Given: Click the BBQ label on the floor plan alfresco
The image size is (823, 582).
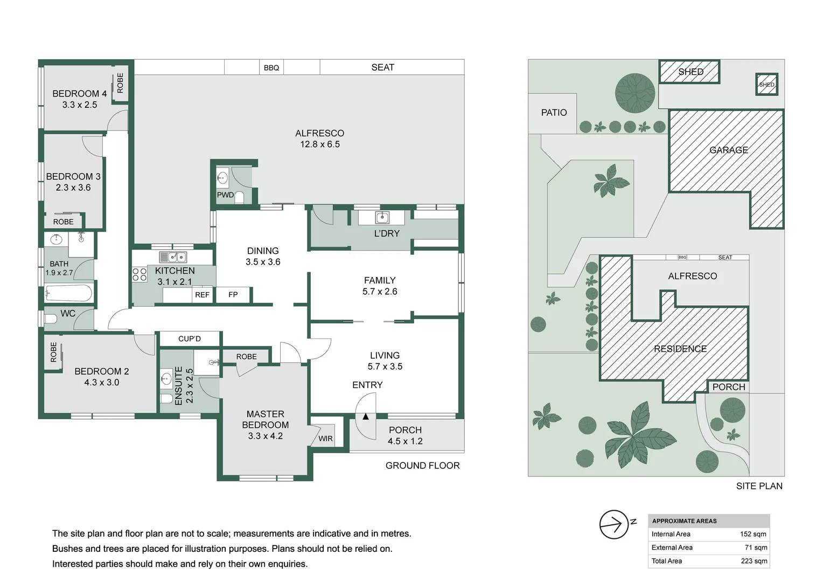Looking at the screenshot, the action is coord(271,68).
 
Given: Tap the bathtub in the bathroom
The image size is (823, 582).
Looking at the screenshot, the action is coord(68,294).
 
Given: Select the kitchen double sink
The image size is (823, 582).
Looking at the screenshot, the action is coord(173,257).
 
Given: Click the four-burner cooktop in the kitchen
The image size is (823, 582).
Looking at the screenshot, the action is coord(140,274).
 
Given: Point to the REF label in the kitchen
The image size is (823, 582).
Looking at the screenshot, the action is coord(202,295).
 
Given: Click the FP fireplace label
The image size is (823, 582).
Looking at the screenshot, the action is coord(233,294).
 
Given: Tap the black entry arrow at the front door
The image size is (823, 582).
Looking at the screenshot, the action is coord(366,417).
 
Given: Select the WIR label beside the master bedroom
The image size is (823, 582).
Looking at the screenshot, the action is coord(325,439).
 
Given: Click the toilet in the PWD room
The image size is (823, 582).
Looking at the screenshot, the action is coord(239,197).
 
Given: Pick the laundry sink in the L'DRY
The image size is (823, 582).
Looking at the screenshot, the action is coord(382,217).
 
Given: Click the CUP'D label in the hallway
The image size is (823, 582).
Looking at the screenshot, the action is coord(190,338).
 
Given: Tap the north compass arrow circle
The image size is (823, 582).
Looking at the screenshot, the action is coord(614,524).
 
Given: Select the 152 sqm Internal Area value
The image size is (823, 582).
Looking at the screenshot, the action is coord(753,534).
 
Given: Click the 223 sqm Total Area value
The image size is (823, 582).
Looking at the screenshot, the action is coord(754,561).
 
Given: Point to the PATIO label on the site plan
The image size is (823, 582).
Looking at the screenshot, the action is coord(554,113).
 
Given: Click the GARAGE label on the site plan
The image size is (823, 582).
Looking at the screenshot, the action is coord(729,150).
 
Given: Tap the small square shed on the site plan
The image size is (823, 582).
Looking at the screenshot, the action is coord(767,85).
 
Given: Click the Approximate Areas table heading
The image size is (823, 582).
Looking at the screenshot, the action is coord(684,521).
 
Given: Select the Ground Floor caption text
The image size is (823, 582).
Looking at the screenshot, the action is coord(422,466).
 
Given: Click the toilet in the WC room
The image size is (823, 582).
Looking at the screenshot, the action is coord(50,318).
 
